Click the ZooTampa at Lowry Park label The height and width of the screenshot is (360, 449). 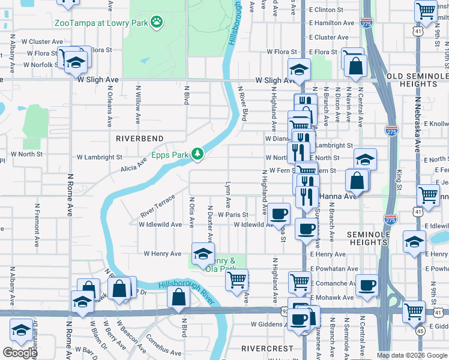point(100,23)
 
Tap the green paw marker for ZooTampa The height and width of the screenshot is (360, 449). point(157,22)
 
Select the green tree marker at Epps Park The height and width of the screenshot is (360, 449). point(197,154)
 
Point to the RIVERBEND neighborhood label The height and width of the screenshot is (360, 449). point(139,137)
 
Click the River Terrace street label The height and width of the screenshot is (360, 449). point(157,205)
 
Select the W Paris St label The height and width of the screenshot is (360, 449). point(233,214)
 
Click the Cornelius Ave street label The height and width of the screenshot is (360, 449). point(164,344)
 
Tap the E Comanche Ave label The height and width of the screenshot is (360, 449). point(334,283)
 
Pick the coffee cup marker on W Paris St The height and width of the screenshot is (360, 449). point(279,214)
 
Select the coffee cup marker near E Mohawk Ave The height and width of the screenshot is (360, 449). point(366,286)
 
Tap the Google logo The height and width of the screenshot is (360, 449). point(20,353)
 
